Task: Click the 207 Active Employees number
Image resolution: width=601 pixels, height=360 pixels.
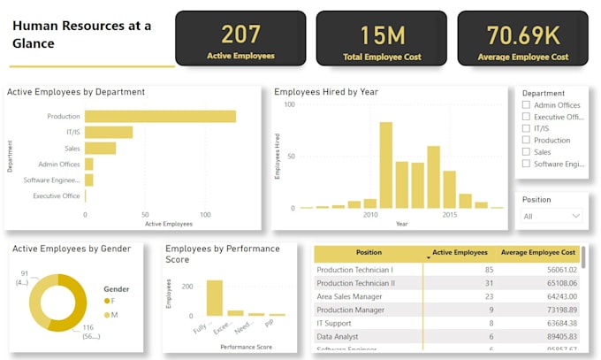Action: click(x=240, y=34)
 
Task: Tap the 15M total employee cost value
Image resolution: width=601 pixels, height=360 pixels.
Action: click(x=382, y=35)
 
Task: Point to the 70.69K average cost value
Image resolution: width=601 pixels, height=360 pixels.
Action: click(x=522, y=35)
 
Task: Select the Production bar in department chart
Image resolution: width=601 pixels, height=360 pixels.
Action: click(x=160, y=116)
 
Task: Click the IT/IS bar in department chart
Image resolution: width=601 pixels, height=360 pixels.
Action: click(x=109, y=132)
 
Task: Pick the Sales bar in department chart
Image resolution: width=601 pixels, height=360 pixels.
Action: click(x=100, y=148)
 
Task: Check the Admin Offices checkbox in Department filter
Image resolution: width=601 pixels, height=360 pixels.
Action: click(x=527, y=105)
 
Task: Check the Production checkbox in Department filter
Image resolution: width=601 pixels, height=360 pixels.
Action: click(x=527, y=140)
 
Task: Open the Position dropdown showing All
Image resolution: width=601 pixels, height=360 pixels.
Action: click(x=552, y=216)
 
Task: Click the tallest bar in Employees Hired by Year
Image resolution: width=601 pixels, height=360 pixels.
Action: click(x=385, y=165)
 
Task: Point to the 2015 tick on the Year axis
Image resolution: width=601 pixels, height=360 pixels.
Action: click(x=449, y=215)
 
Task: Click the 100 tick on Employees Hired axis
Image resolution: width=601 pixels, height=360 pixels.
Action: click(x=287, y=104)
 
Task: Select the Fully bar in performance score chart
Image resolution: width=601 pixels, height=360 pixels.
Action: click(x=215, y=297)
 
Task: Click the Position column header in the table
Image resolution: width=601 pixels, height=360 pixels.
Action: click(x=369, y=252)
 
